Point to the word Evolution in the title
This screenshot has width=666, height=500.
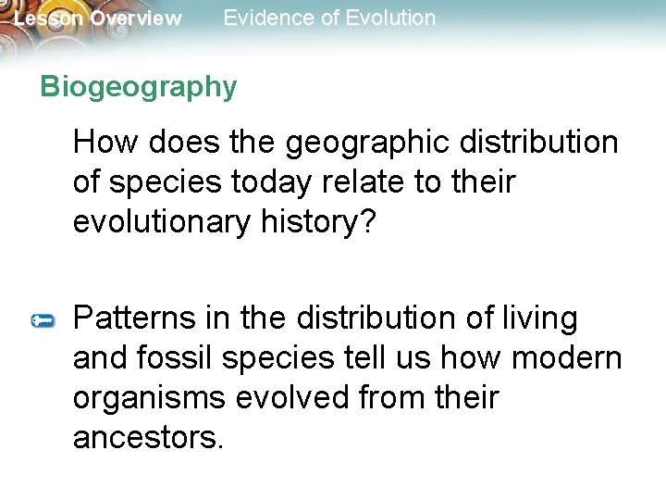pos(383,18)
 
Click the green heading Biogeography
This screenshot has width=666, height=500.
pos(139,87)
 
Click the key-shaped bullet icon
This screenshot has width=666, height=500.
pos(43,320)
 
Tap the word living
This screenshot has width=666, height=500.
pos(539,319)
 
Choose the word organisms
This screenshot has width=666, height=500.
pos(150,399)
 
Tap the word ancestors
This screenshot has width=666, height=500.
pos(148,438)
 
